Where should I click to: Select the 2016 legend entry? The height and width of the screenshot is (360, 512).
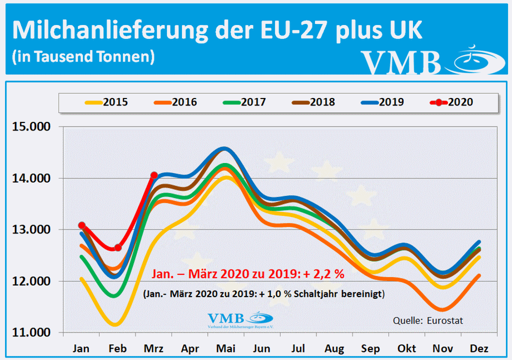[175, 102]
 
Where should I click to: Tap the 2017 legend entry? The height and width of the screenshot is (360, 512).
[244, 102]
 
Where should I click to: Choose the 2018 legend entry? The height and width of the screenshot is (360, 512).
[313, 102]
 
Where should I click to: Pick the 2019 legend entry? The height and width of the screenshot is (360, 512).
[382, 102]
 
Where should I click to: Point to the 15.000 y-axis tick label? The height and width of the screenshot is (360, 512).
[31, 127]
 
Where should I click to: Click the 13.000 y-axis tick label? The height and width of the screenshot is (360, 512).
[31, 230]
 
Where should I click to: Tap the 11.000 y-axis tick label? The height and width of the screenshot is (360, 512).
[31, 333]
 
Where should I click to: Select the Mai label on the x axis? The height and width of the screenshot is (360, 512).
[226, 348]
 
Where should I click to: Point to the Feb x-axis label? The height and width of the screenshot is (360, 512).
[117, 348]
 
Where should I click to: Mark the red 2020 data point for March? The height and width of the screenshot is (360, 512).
[154, 175]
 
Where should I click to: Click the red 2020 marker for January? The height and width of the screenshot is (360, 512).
[81, 225]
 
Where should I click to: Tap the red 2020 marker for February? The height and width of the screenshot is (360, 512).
[118, 247]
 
